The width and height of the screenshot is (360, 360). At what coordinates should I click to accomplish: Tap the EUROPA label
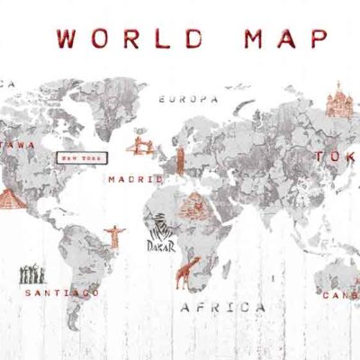click(188, 98)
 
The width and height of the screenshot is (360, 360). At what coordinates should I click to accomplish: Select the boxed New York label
click(84, 157)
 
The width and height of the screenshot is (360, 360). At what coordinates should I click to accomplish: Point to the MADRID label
click(135, 179)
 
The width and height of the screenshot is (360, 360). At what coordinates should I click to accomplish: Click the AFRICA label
click(223, 307)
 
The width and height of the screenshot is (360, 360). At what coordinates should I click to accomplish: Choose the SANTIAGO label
click(62, 292)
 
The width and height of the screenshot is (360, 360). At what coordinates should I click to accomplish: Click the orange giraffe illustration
click(192, 268)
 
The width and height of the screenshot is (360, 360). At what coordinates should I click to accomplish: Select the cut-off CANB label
click(341, 293)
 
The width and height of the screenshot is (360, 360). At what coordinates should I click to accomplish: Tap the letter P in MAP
click(316, 39)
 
